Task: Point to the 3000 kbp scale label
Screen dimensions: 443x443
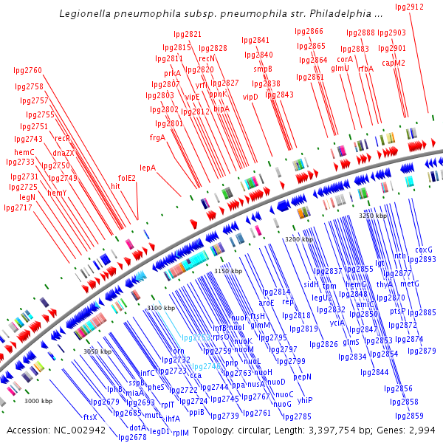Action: [38, 401]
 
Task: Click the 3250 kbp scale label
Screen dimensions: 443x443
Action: [373, 216]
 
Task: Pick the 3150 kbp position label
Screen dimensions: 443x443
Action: [228, 272]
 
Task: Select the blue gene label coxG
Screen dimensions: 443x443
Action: [424, 250]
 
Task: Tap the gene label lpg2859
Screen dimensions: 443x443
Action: [409, 416]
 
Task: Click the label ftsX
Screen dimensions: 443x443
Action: [90, 417]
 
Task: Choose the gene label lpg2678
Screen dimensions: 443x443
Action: [132, 436]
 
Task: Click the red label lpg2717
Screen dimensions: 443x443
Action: [18, 207]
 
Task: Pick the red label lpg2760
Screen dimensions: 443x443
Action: [28, 71]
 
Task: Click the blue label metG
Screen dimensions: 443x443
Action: [409, 284]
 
